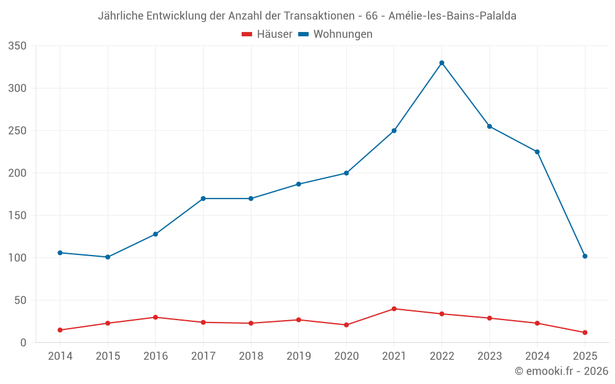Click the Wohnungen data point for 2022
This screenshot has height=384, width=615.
pyautogui.click(x=442, y=63)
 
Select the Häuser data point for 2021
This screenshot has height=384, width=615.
pyautogui.click(x=394, y=308)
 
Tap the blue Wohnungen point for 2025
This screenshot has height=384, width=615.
pyautogui.click(x=585, y=256)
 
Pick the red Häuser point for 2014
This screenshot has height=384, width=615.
pyautogui.click(x=60, y=330)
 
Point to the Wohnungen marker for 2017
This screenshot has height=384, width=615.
pyautogui.click(x=203, y=198)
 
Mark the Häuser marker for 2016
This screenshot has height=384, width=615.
pyautogui.click(x=156, y=317)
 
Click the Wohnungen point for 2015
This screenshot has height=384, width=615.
pyautogui.click(x=108, y=257)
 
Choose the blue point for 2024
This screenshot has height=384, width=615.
pyautogui.click(x=537, y=152)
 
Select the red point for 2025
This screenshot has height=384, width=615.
pyautogui.click(x=585, y=332)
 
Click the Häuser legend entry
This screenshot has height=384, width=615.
pyautogui.click(x=267, y=34)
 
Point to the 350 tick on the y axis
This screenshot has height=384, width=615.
pyautogui.click(x=18, y=46)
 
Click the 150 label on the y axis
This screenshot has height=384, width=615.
pyautogui.click(x=18, y=216)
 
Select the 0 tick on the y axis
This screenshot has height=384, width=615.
pyautogui.click(x=23, y=343)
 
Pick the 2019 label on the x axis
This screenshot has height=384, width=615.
pyautogui.click(x=299, y=356)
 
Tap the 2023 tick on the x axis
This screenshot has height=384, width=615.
pyautogui.click(x=490, y=356)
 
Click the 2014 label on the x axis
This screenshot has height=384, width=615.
pyautogui.click(x=60, y=356)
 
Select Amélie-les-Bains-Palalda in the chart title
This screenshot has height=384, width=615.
pyautogui.click(x=453, y=16)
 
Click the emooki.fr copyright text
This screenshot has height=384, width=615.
pyautogui.click(x=561, y=371)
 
